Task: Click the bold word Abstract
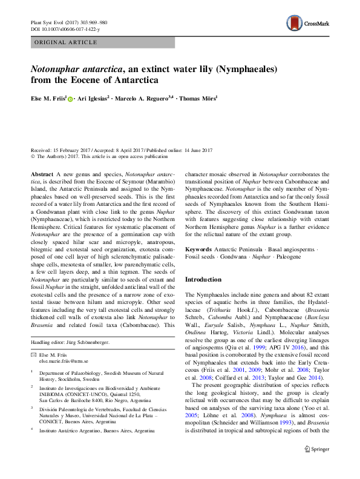(x=42, y=174)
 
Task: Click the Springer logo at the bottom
(x=316, y=466)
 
